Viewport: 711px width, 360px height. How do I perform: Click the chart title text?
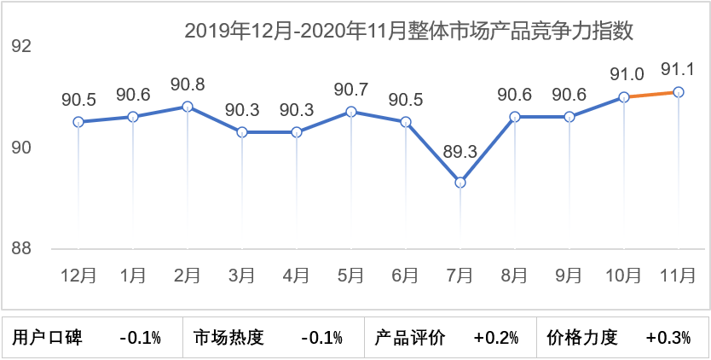pyautogui.click(x=409, y=32)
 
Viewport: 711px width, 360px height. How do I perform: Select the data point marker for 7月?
pyautogui.click(x=460, y=183)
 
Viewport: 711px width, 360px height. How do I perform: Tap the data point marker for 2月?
pyautogui.click(x=188, y=107)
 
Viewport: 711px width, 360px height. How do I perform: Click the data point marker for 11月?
pyautogui.click(x=679, y=92)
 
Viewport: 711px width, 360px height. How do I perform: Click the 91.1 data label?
pyautogui.click(x=679, y=68)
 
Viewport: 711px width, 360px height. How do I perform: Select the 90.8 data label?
pyautogui.click(x=188, y=84)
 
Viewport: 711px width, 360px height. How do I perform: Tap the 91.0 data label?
pyautogui.click(x=624, y=74)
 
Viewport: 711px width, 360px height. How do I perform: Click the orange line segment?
pyautogui.click(x=651, y=95)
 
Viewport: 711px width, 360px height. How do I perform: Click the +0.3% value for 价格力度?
pyautogui.click(x=668, y=337)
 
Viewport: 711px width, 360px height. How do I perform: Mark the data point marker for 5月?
pyautogui.click(x=351, y=112)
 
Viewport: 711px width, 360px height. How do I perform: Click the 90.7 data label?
pyautogui.click(x=351, y=89)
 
